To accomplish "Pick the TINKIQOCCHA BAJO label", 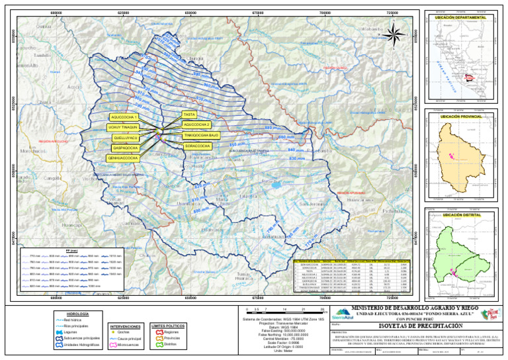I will click(200, 135).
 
